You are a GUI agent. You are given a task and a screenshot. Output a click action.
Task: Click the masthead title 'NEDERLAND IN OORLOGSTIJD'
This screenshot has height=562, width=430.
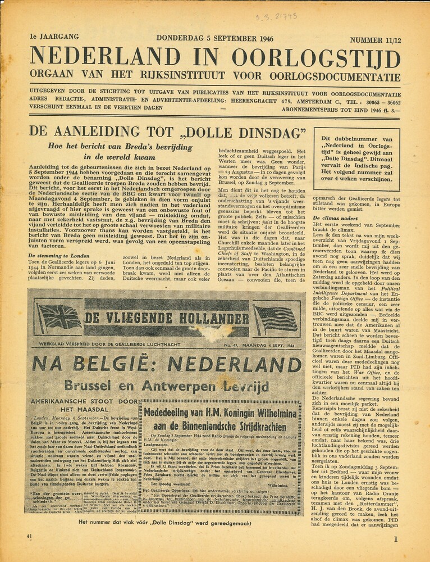(x=215, y=57)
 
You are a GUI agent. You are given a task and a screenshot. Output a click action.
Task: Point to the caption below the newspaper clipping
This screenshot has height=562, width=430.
(x=165, y=522)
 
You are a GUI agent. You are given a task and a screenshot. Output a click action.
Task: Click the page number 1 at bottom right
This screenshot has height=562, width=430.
(x=396, y=540)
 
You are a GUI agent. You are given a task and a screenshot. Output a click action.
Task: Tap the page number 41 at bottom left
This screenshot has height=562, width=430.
(x=30, y=536)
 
